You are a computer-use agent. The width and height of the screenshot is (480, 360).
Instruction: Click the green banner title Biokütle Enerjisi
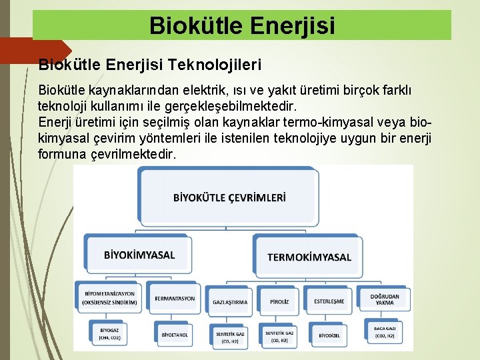coord(242,25)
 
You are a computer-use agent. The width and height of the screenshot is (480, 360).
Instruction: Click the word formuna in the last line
coord(62,154)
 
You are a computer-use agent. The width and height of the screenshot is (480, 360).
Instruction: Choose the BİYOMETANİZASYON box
coord(109,298)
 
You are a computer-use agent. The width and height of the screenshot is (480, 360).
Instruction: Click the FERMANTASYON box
coord(175,298)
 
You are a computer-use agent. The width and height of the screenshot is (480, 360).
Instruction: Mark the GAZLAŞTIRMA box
coord(230,301)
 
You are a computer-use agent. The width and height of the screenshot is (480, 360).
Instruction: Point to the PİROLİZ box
coord(279,301)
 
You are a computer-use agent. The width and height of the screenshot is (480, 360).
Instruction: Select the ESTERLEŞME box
coord(329,301)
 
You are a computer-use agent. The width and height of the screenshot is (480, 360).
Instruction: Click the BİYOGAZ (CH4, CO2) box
coord(109,333)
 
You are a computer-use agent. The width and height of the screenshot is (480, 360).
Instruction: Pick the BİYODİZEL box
coord(329,335)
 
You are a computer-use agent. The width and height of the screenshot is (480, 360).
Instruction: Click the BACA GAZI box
coord(385,333)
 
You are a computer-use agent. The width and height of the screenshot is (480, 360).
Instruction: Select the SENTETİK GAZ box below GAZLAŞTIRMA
coord(230,336)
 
